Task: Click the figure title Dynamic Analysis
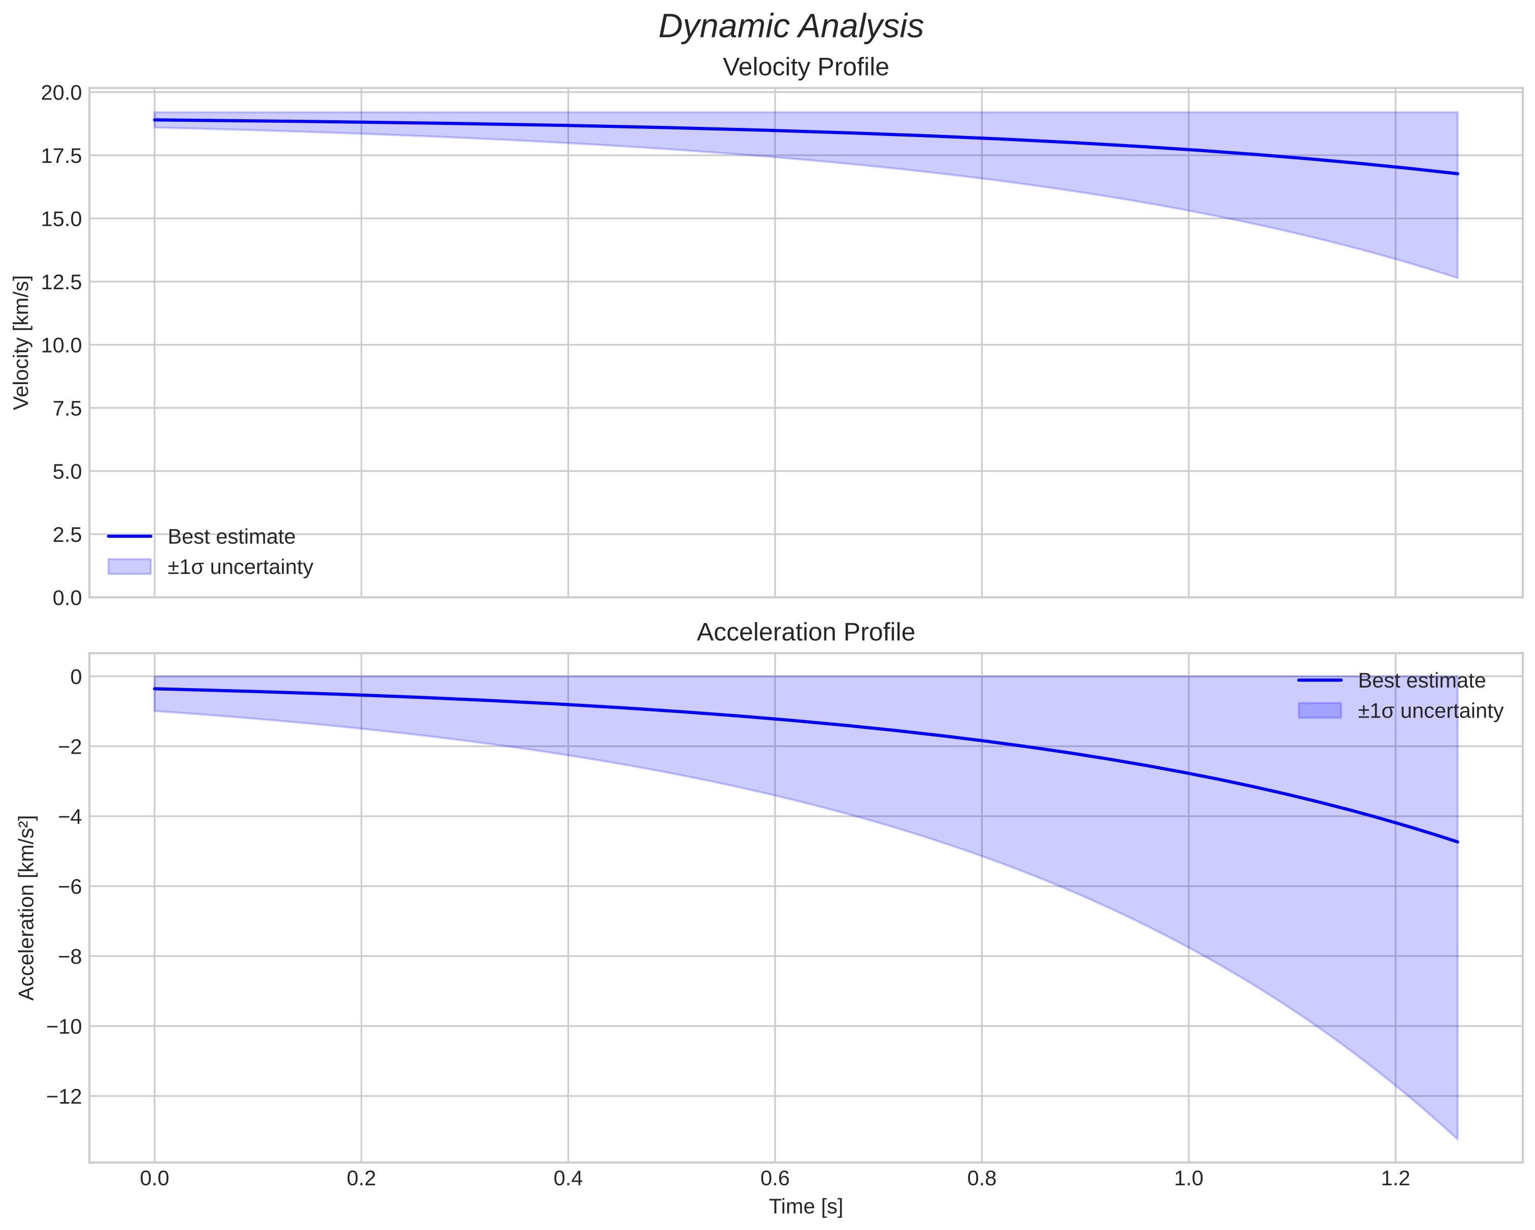pyautogui.click(x=790, y=27)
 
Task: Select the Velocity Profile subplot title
pyautogui.click(x=805, y=67)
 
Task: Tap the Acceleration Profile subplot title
pyautogui.click(x=805, y=632)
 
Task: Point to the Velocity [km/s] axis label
pyautogui.click(x=22, y=343)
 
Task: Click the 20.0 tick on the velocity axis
pyautogui.click(x=61, y=93)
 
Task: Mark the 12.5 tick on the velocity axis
pyautogui.click(x=61, y=283)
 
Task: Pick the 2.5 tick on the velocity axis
pyautogui.click(x=67, y=534)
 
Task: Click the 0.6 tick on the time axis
pyautogui.click(x=775, y=1178)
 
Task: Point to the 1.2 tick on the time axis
pyautogui.click(x=1395, y=1178)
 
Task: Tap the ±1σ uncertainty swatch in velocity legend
pyautogui.click(x=129, y=567)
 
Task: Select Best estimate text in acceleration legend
pyautogui.click(x=1421, y=680)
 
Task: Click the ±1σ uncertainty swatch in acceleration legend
pyautogui.click(x=1319, y=710)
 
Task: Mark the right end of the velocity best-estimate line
pyautogui.click(x=1457, y=174)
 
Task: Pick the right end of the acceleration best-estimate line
pyautogui.click(x=1457, y=842)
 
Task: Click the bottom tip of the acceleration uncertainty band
pyautogui.click(x=1457, y=1139)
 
